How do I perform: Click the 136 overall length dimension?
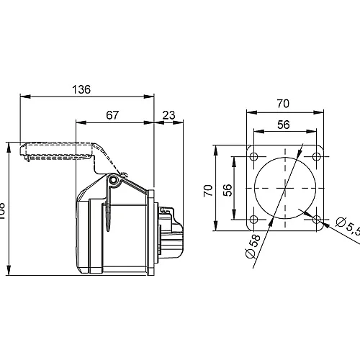click(x=82, y=89)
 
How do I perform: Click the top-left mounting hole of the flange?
click(x=253, y=158)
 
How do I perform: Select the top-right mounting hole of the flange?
click(x=316, y=158)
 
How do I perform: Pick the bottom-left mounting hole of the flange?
click(x=253, y=220)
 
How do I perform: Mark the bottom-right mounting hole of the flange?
click(x=316, y=220)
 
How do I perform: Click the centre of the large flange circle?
click(x=284, y=189)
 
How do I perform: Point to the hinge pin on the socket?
click(x=113, y=180)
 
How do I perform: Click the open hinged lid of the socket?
click(x=58, y=150)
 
